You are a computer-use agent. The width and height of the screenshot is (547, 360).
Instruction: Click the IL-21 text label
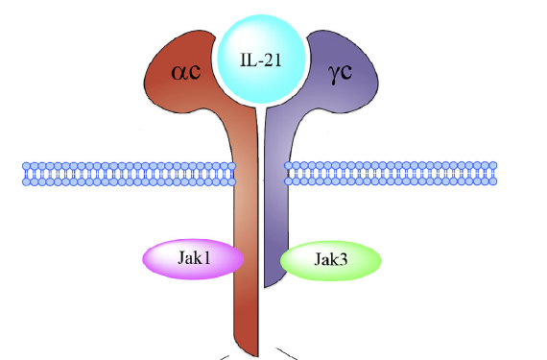pyautogui.click(x=261, y=60)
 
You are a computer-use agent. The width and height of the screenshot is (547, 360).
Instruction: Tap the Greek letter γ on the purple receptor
pyautogui.click(x=333, y=75)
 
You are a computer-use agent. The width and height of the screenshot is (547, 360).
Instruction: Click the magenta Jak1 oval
pyautogui.click(x=193, y=259)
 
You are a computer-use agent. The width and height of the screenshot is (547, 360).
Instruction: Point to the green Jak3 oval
pyautogui.click(x=331, y=260)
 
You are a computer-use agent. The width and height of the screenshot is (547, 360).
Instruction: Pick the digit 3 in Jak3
pyautogui.click(x=343, y=260)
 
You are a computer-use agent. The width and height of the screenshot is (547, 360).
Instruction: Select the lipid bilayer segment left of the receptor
pyautogui.click(x=130, y=174)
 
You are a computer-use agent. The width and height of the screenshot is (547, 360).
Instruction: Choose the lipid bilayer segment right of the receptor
pyautogui.click(x=391, y=174)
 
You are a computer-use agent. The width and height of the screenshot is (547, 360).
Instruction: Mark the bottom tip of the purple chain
pyautogui.click(x=265, y=287)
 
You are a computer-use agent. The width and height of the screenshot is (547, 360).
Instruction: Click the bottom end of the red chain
pyautogui.click(x=257, y=356)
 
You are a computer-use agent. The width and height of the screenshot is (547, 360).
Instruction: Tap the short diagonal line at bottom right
pyautogui.click(x=286, y=353)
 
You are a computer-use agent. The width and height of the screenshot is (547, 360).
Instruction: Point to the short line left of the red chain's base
pyautogui.click(x=224, y=357)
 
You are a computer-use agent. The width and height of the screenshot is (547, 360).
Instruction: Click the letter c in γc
pyautogui.click(x=345, y=72)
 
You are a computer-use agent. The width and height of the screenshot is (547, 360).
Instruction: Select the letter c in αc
pyautogui.click(x=195, y=72)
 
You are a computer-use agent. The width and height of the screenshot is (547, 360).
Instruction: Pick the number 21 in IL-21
pyautogui.click(x=273, y=60)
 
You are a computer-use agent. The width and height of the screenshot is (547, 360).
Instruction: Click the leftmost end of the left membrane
pyautogui.click(x=23, y=174)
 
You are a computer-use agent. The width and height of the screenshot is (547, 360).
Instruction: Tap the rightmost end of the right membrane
pyautogui.click(x=497, y=174)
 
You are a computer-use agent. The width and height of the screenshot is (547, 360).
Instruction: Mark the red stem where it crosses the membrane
pyautogui.click(x=246, y=174)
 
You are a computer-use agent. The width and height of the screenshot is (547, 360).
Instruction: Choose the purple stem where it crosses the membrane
pyautogui.click(x=276, y=174)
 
